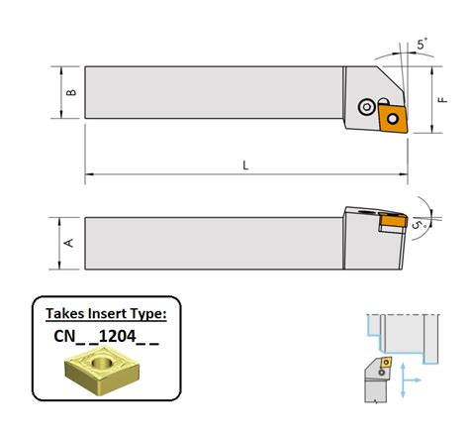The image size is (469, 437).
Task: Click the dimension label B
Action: point(71,92)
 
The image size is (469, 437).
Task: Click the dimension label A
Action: point(69,243)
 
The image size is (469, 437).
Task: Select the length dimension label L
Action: point(245,165)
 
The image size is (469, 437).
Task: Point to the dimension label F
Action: point(443,99)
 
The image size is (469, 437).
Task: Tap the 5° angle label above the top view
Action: point(422,44)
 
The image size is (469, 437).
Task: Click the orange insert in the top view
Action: point(393,119)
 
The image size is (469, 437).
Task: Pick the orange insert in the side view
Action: point(393,220)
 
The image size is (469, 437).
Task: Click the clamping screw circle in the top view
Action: point(366,107)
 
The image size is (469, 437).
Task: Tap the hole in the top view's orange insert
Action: point(393,119)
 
